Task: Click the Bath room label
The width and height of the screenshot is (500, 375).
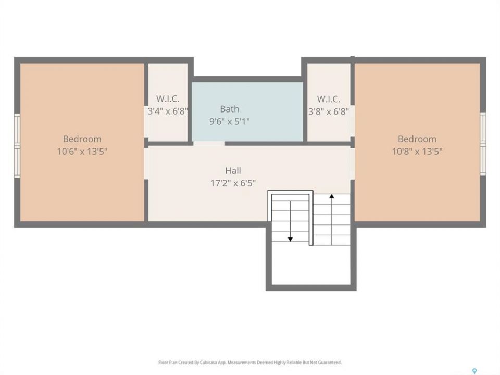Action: [230, 109]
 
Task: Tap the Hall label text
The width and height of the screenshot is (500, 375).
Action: [233, 171]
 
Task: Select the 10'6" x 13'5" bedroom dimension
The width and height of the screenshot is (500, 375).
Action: [82, 151]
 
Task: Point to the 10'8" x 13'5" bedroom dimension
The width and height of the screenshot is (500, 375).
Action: [417, 151]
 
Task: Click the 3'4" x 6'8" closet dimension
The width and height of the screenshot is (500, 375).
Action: [168, 111]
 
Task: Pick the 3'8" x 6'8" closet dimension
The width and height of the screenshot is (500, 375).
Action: [329, 111]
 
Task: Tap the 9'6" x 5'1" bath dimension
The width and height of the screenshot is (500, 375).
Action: [230, 121]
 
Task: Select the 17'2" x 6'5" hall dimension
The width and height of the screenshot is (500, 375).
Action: [233, 183]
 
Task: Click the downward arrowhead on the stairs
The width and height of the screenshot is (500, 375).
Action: [290, 239]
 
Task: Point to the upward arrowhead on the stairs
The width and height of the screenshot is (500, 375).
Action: [332, 196]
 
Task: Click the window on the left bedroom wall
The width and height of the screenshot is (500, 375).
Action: [17, 146]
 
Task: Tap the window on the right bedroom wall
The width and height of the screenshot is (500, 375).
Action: [483, 144]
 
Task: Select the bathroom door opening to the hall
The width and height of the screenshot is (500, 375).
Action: [209, 144]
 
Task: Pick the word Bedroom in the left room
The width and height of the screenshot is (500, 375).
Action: [82, 139]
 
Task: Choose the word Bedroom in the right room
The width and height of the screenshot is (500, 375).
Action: [417, 139]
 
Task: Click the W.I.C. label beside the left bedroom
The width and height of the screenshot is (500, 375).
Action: [168, 99]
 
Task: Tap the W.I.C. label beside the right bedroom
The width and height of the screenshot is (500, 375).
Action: [329, 99]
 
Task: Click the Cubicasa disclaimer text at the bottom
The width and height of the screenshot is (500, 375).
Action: [250, 362]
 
